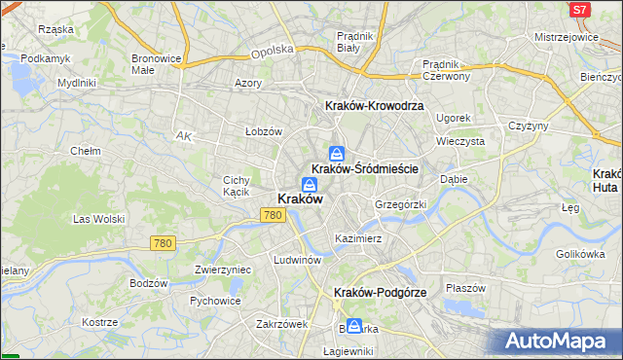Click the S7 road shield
(580, 9)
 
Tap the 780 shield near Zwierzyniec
(162, 243)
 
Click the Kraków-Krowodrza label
(373, 105)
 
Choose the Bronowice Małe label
(157, 63)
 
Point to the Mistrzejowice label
(566, 36)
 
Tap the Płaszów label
(465, 287)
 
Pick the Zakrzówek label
(281, 323)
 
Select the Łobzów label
(263, 131)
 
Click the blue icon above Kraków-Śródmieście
(336, 153)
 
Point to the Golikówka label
(581, 254)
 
